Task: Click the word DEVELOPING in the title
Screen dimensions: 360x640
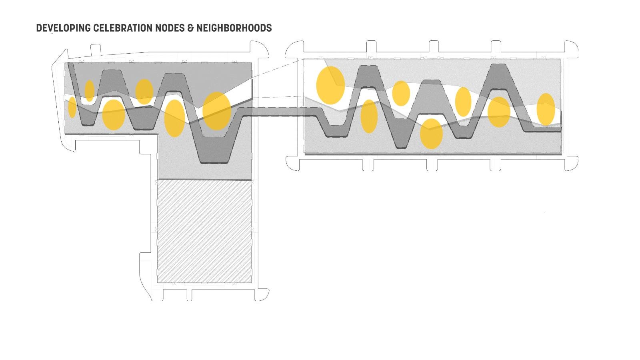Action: coord(63,28)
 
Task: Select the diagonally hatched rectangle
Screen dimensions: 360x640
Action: coord(204,231)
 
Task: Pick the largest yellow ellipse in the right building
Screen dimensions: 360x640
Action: coord(330,85)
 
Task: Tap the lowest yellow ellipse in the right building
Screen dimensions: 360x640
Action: coord(431,134)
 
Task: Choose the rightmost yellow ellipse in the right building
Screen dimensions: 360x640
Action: coord(546,109)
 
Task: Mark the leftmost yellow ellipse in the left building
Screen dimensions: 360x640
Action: coord(72,107)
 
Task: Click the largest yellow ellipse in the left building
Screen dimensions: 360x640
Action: coord(217,111)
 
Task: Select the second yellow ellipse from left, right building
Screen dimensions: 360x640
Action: coord(369,116)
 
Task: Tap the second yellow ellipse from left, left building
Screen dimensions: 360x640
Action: coord(90,91)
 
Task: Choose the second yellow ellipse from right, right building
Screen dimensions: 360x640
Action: coord(499,112)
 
